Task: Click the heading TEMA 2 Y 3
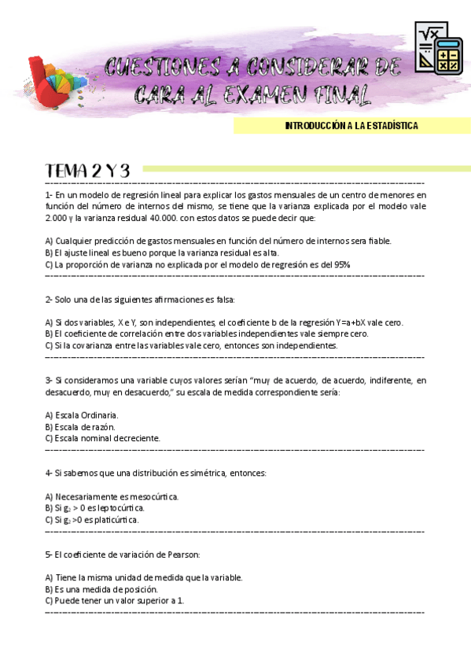pyautogui.click(x=87, y=171)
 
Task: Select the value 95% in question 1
pyautogui.click(x=342, y=264)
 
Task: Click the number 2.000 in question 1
pyautogui.click(x=56, y=219)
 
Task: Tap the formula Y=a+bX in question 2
pyautogui.click(x=347, y=322)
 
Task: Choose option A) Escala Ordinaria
pyautogui.click(x=83, y=415)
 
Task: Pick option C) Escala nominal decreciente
pyautogui.click(x=102, y=438)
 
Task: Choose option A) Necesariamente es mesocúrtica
pyautogui.click(x=112, y=496)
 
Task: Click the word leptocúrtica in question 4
pyautogui.click(x=118, y=508)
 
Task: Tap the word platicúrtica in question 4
pyautogui.click(x=115, y=520)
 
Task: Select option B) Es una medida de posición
pyautogui.click(x=101, y=589)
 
